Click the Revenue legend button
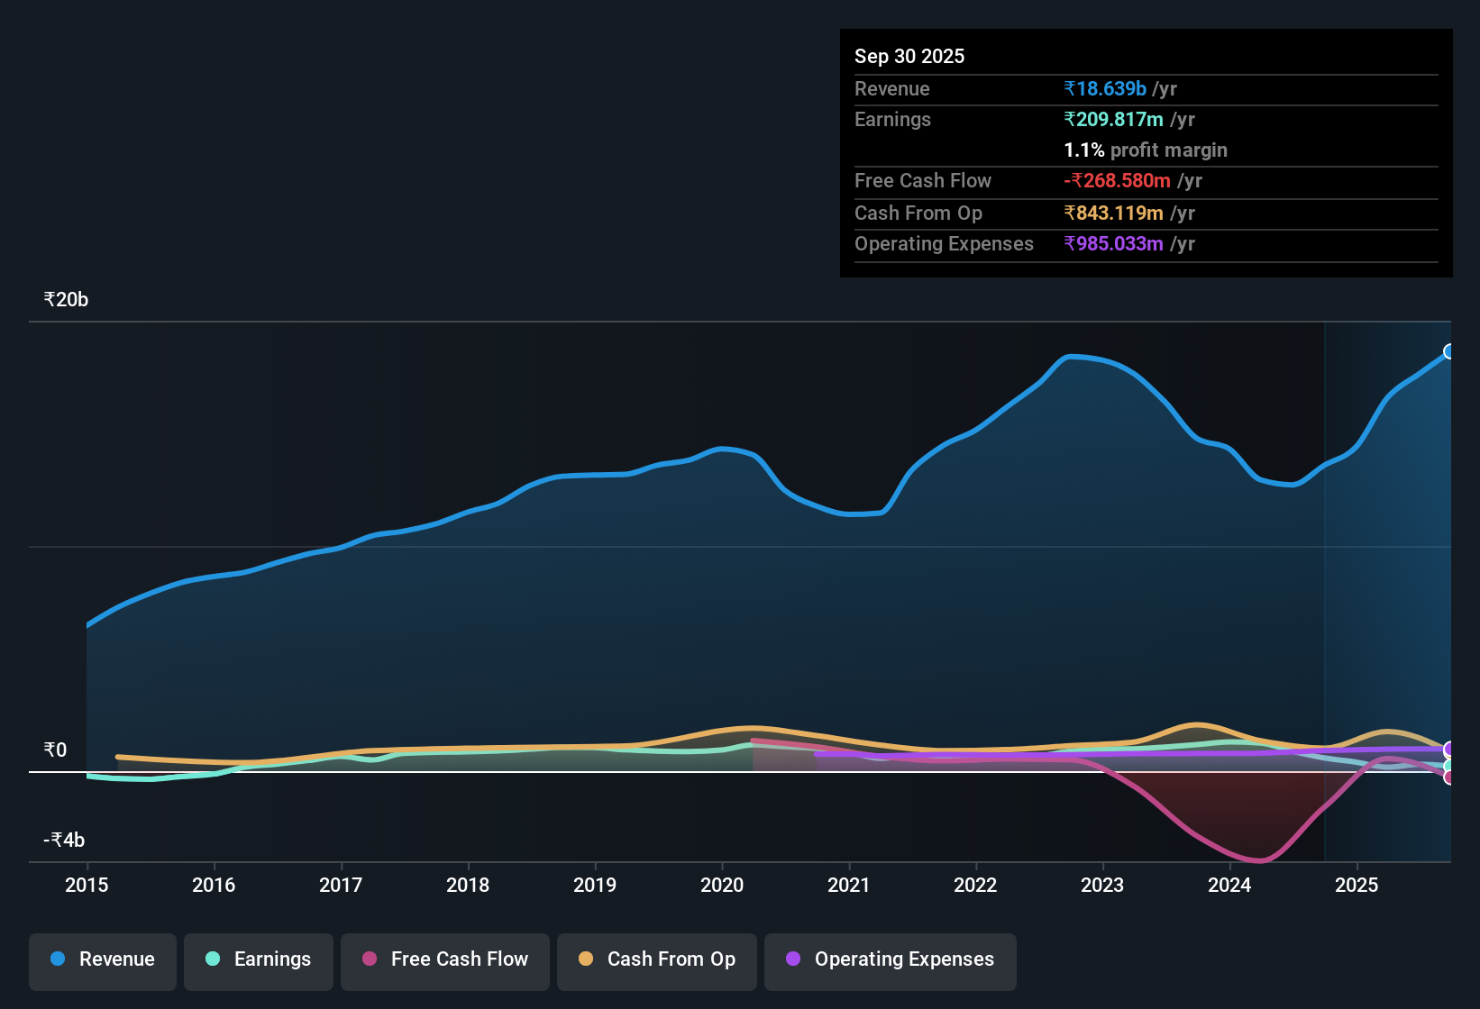[x=103, y=959]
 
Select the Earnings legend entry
[x=259, y=959]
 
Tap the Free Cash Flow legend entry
[x=445, y=959]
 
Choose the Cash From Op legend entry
[x=657, y=959]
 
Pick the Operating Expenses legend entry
[x=891, y=959]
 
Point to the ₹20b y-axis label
[x=66, y=300]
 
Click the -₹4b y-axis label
[x=64, y=841]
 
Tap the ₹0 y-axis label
[x=55, y=750]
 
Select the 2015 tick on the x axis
[x=87, y=885]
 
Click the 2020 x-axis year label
[x=722, y=885]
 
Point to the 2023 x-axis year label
[x=1102, y=885]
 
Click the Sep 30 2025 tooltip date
[x=909, y=57]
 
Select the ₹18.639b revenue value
[x=1105, y=89]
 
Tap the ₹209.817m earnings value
[x=1113, y=120]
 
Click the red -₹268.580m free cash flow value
[x=1117, y=181]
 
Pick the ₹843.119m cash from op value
[x=1113, y=214]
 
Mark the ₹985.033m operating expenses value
[x=1113, y=244]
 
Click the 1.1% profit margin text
[x=1146, y=150]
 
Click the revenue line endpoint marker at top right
[x=1449, y=351]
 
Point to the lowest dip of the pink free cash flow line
[x=1260, y=861]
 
